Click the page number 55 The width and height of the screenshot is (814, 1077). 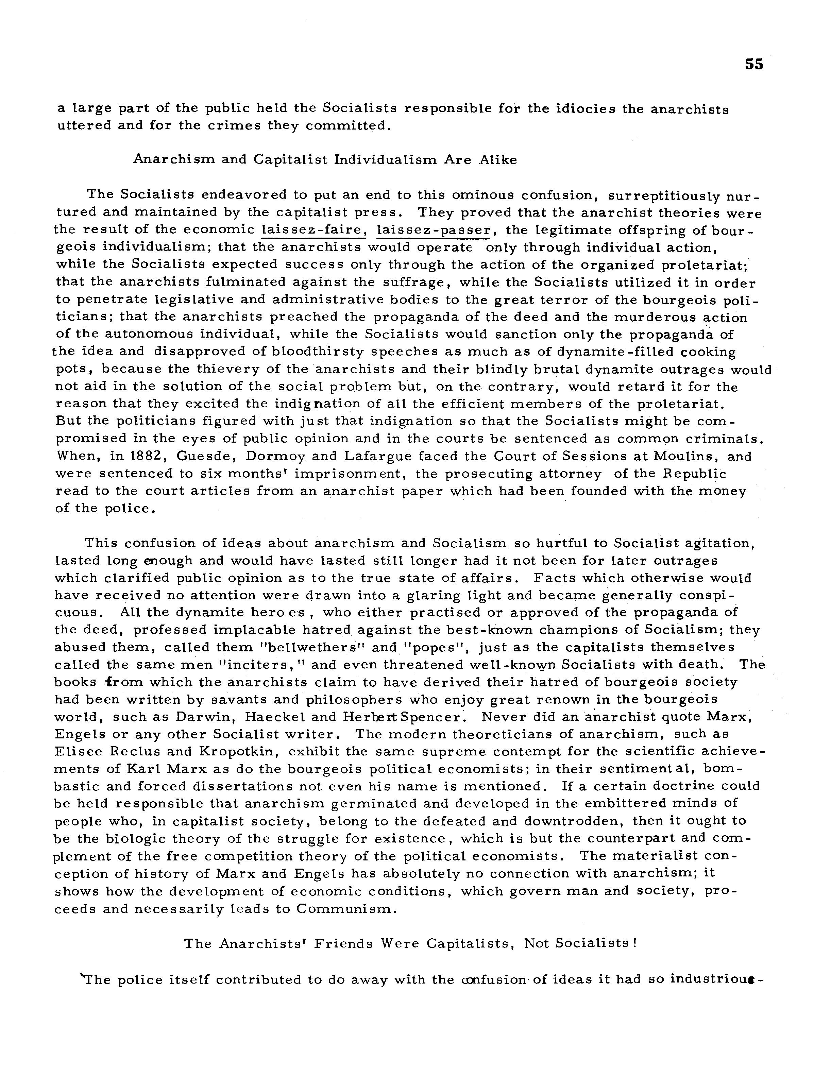(x=753, y=64)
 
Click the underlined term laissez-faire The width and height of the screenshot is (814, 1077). (x=313, y=230)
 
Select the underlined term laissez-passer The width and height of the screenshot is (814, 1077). (x=433, y=230)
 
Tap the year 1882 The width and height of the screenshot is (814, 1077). (x=134, y=457)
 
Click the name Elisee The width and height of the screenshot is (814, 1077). (x=79, y=752)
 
